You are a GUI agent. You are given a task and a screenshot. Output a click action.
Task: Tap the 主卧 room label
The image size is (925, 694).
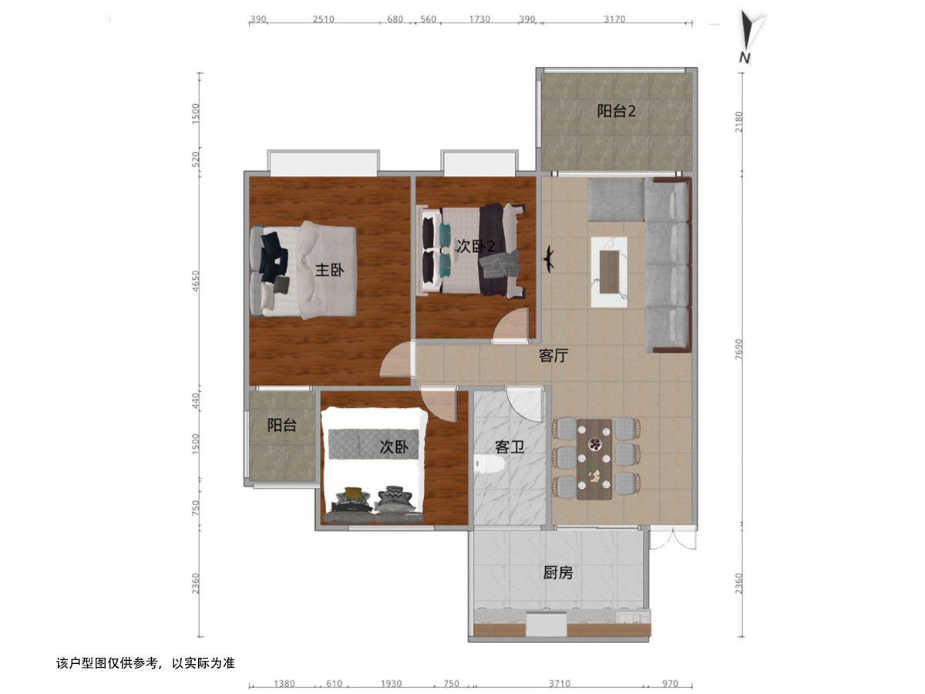(329, 270)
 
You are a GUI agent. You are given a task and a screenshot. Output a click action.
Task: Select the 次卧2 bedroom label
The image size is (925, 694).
(476, 246)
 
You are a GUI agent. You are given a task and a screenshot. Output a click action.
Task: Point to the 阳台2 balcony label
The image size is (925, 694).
(616, 111)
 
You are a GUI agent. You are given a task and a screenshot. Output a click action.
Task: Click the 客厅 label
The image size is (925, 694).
(553, 355)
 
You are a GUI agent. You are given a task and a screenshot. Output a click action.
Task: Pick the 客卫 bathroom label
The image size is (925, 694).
(509, 446)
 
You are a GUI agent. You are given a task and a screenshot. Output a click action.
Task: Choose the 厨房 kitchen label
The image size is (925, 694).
(557, 573)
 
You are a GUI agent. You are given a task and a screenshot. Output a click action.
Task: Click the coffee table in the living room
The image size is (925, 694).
(609, 271)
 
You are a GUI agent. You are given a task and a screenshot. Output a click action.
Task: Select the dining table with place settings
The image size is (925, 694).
(594, 459)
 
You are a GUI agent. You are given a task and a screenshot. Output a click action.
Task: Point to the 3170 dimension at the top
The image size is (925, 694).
(614, 19)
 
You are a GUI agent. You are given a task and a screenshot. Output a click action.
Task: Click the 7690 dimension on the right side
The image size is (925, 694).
(738, 349)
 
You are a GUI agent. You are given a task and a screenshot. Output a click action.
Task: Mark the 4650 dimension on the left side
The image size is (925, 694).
(196, 281)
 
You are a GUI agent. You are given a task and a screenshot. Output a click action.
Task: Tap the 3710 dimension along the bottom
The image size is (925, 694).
(559, 683)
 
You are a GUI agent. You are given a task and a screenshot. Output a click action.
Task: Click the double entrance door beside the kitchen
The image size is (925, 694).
(674, 537)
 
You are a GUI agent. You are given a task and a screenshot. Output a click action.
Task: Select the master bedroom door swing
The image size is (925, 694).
(395, 359)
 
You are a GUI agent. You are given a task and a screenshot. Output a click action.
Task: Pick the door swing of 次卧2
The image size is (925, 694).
(511, 324)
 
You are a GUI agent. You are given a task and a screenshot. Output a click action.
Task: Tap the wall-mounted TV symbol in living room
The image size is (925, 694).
(549, 261)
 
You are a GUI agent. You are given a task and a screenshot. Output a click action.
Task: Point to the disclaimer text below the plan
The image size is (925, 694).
(146, 663)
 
